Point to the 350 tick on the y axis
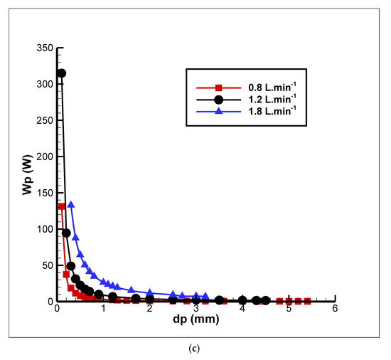coord(43,48)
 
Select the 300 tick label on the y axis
coord(43,85)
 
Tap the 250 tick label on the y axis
coord(43,121)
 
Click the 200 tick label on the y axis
coord(43,157)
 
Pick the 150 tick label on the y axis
coord(43,194)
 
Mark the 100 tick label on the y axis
coord(43,229)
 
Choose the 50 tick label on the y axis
coord(46,265)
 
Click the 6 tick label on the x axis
coord(334,309)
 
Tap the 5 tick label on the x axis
coord(288,309)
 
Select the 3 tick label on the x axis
coord(195,309)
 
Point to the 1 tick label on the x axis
coord(104,309)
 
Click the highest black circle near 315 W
coord(62,73)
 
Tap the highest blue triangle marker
coord(71,205)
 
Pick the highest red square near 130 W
coord(62,206)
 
